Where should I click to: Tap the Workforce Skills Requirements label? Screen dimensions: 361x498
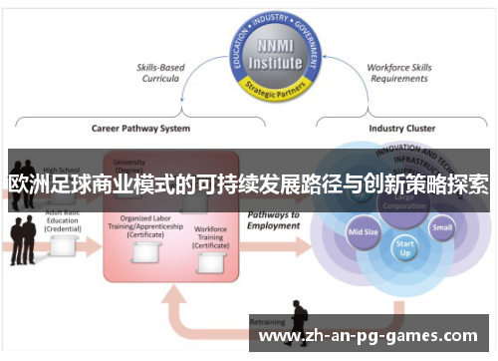click(x=397, y=74)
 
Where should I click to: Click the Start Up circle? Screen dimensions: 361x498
click(x=404, y=247)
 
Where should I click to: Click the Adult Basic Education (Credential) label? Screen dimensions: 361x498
click(x=62, y=220)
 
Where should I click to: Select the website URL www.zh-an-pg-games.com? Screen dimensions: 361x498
click(x=368, y=336)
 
